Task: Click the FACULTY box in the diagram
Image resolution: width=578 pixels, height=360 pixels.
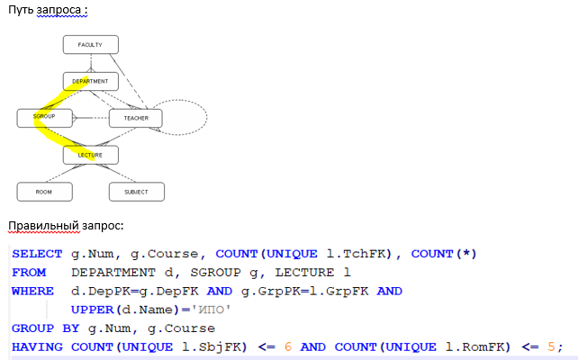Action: pyautogui.click(x=90, y=44)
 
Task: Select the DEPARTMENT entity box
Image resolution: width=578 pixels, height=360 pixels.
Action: pyautogui.click(x=90, y=81)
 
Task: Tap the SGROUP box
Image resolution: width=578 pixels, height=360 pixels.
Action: pyautogui.click(x=44, y=117)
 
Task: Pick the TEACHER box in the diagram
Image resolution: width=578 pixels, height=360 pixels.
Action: pyautogui.click(x=135, y=117)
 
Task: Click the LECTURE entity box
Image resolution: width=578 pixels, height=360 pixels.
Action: pyautogui.click(x=90, y=155)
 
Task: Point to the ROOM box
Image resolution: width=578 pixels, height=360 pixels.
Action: pyautogui.click(x=44, y=192)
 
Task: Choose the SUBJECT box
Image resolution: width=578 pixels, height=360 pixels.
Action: pyautogui.click(x=135, y=192)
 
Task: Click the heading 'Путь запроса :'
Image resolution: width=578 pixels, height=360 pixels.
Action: pyautogui.click(x=49, y=9)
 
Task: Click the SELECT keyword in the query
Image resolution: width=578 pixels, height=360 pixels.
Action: pyautogui.click(x=32, y=254)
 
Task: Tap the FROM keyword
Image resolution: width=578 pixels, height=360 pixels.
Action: pyautogui.click(x=28, y=273)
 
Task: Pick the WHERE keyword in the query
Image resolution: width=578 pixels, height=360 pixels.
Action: pyautogui.click(x=32, y=292)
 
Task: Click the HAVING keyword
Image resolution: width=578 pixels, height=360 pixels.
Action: pyautogui.click(x=35, y=347)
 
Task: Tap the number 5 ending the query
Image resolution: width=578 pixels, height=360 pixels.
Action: pyautogui.click(x=550, y=347)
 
